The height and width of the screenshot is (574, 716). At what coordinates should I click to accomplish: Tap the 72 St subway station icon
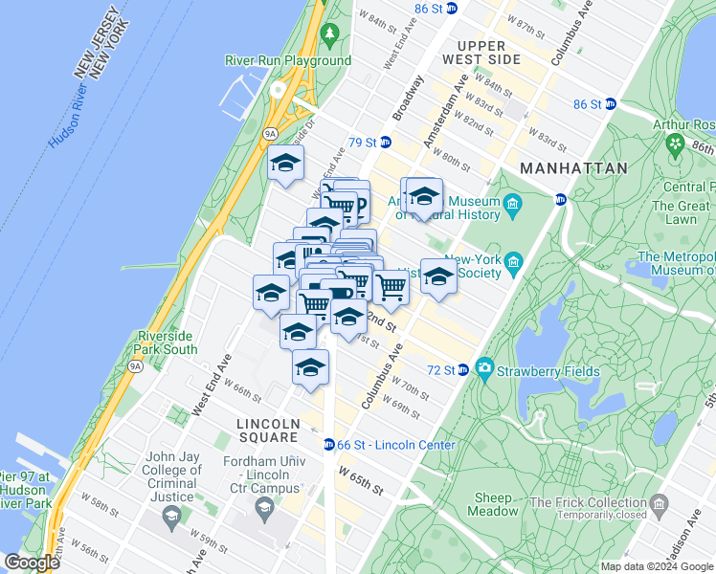[462, 370]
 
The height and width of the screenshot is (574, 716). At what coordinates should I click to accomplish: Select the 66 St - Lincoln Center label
[395, 445]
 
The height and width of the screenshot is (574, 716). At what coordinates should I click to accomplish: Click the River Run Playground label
[288, 60]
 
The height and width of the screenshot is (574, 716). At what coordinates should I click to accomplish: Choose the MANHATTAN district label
[573, 167]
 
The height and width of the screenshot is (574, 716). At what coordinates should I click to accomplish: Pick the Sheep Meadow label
[493, 504]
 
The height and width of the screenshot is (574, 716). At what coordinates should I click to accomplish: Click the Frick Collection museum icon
[659, 503]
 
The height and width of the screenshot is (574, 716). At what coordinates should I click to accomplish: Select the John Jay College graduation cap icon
[172, 518]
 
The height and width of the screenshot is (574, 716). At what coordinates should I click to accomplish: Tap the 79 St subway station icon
[385, 143]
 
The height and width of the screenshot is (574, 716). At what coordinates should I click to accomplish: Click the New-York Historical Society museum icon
[514, 260]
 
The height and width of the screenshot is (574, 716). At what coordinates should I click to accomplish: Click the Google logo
[32, 563]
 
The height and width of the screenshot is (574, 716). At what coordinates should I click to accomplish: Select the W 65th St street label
[360, 481]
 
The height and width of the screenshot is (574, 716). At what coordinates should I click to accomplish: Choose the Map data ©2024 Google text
[656, 566]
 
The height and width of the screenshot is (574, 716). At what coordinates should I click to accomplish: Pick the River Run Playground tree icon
[330, 35]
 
